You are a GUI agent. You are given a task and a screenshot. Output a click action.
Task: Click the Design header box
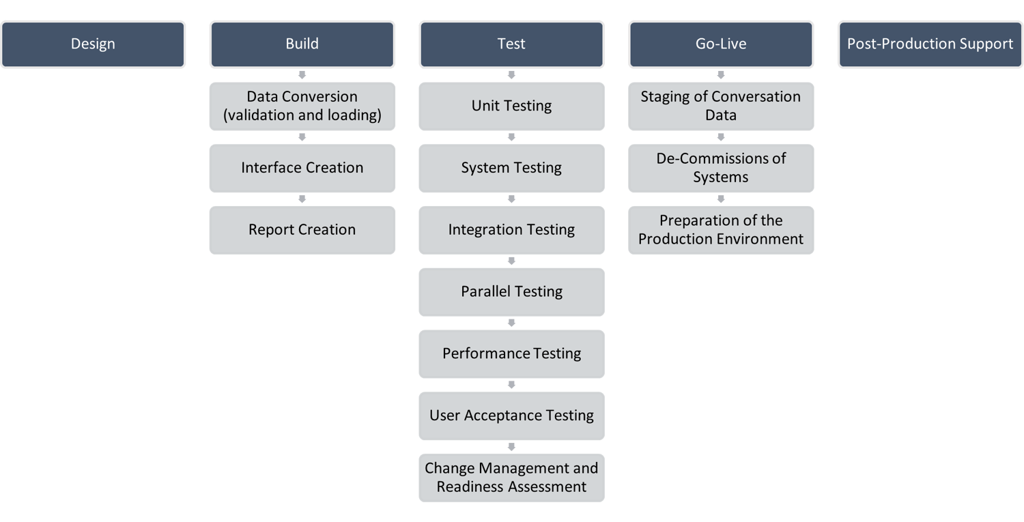pos(93,44)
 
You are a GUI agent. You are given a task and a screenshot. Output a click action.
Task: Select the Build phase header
pos(302,44)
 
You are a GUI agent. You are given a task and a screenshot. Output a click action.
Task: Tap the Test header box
pos(511,44)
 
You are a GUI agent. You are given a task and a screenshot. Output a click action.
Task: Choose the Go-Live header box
pos(721,44)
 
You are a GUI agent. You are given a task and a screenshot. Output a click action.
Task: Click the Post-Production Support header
pos(930,44)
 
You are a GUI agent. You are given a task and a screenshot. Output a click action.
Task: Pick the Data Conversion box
pos(302,106)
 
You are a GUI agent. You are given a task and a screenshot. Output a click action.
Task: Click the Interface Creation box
pos(302,168)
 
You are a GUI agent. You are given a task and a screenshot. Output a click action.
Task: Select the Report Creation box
pos(302,230)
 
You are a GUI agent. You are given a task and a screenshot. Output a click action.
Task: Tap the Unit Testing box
pos(511,106)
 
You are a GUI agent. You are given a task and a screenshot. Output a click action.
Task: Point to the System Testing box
pos(511,168)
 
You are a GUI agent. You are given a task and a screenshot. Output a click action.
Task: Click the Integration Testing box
pos(511,230)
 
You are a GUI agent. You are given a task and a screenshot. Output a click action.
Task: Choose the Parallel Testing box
pos(511,292)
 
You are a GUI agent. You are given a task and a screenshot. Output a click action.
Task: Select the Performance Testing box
pos(511,353)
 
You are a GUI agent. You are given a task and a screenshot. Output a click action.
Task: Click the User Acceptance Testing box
pos(511,416)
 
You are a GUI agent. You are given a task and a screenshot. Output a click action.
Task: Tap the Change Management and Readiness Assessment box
pos(511,478)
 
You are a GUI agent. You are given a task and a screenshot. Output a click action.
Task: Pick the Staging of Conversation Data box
pos(721,106)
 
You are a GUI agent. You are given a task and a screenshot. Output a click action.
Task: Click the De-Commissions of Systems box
pos(721,168)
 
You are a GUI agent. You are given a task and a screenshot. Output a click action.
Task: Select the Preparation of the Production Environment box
pos(721,230)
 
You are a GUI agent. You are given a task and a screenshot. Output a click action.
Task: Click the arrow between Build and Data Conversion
pos(302,75)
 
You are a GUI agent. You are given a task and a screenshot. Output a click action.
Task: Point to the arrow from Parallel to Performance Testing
pos(511,323)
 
